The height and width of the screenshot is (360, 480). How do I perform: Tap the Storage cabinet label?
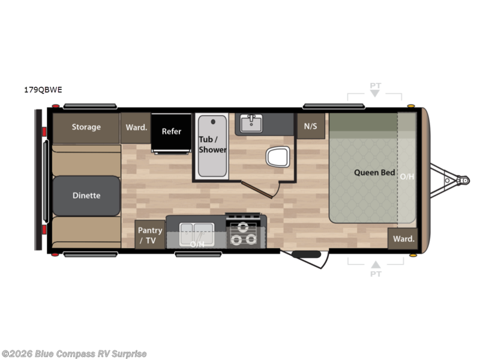coord(86,127)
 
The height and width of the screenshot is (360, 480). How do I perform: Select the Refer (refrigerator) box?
coord(171,131)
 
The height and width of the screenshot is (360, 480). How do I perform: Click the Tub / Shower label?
coord(212,145)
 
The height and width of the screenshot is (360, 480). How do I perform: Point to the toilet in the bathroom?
coord(277,157)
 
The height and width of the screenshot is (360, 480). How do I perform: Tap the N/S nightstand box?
coord(311,126)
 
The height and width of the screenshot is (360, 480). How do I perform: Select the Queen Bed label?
coord(374,173)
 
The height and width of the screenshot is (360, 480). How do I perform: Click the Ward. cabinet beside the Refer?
coord(136,127)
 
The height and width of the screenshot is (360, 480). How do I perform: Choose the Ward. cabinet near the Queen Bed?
coord(403,239)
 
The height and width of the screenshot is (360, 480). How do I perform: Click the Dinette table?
coord(86,196)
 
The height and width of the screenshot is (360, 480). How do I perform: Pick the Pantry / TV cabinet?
coord(150,235)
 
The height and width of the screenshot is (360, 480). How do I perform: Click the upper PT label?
coord(375,86)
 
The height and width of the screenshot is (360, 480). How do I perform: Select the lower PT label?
coord(375,274)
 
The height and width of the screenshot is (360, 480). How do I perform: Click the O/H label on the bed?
coord(407,176)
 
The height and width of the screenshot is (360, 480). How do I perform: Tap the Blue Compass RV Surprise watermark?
coord(74,354)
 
